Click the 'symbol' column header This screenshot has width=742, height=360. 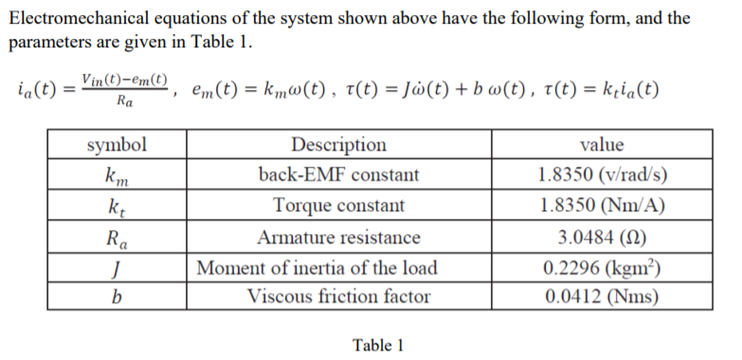[117, 145]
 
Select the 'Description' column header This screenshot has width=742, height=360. [338, 145]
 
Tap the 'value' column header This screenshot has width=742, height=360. [601, 145]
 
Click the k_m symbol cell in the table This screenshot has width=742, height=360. [117, 175]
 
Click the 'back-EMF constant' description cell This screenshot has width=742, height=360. [338, 175]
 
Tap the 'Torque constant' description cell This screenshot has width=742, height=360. [338, 206]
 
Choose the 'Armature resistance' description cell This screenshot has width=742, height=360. [338, 236]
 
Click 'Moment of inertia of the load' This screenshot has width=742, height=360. [338, 266]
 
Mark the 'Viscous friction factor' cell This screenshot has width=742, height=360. [338, 297]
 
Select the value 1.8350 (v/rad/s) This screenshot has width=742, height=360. [601, 175]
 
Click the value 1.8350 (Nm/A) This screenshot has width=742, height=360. [601, 206]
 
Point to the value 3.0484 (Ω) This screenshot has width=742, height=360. [601, 236]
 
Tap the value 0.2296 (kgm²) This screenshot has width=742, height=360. [601, 266]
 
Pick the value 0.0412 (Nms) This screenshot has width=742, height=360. [601, 297]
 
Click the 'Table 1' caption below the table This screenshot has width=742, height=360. [378, 345]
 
